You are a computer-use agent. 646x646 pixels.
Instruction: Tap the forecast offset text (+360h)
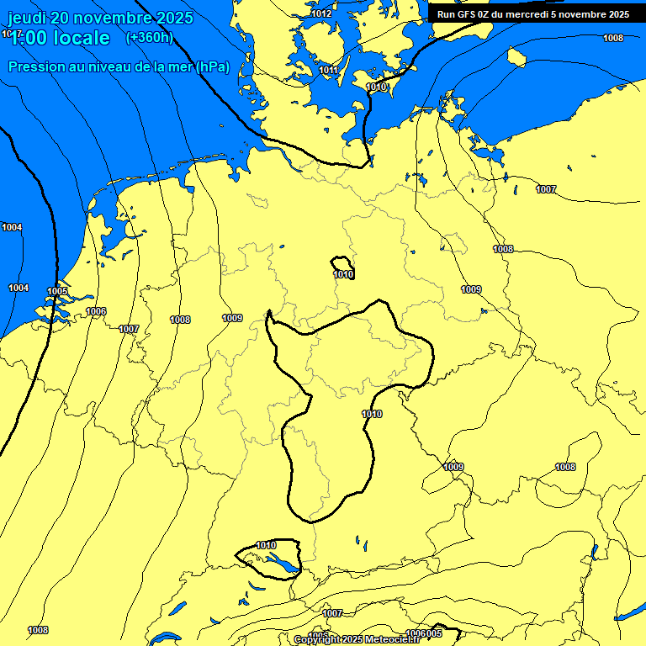149,37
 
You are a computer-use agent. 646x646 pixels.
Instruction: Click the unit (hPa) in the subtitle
212,66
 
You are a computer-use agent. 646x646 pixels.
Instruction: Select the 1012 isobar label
321,13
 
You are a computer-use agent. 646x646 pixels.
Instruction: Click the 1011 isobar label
329,70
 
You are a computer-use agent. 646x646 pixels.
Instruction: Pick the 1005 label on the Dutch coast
57,291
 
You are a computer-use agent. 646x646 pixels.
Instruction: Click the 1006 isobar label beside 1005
96,311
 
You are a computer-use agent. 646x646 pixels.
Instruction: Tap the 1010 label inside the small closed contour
343,274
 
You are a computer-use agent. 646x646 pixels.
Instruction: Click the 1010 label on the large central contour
372,414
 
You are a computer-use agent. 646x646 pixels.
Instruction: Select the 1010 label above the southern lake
266,545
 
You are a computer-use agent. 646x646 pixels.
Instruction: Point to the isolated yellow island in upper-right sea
516,57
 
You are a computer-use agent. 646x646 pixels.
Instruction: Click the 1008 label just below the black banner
613,38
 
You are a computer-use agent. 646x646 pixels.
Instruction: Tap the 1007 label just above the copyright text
333,613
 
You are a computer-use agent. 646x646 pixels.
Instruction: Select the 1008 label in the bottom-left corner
38,630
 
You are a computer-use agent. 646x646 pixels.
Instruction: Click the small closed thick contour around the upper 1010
333,262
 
